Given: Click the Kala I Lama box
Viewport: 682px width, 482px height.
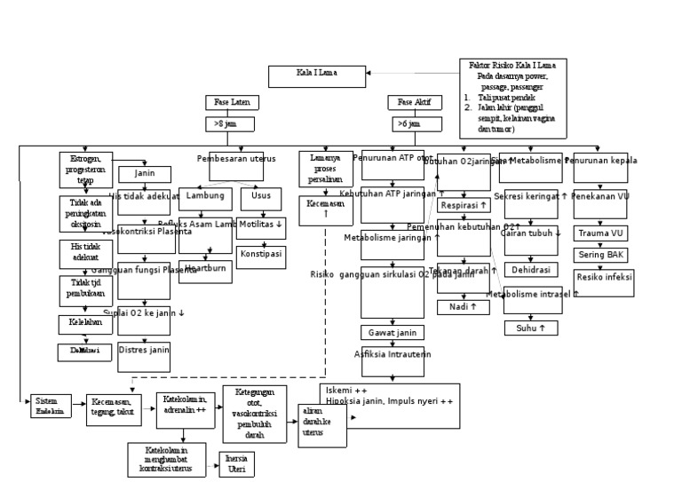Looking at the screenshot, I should (x=317, y=76).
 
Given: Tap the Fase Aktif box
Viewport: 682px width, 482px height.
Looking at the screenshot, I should (x=414, y=103).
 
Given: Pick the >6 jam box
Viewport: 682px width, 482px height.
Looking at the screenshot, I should (x=412, y=124).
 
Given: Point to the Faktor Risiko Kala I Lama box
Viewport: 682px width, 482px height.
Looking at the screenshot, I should (x=513, y=98).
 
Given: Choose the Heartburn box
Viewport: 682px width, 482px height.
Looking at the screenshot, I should (x=205, y=270).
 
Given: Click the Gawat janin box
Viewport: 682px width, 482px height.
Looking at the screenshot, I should (x=392, y=333).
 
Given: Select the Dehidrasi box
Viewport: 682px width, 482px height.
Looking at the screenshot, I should (x=531, y=270).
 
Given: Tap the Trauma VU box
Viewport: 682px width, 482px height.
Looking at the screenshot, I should (x=600, y=234).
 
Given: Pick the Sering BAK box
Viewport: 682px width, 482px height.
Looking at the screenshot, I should (x=600, y=255).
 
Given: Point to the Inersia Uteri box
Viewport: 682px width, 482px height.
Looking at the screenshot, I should (x=236, y=464).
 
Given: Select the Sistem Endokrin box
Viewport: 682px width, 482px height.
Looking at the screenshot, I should (x=51, y=407).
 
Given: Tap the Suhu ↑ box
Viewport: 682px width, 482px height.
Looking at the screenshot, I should (x=531, y=328).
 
